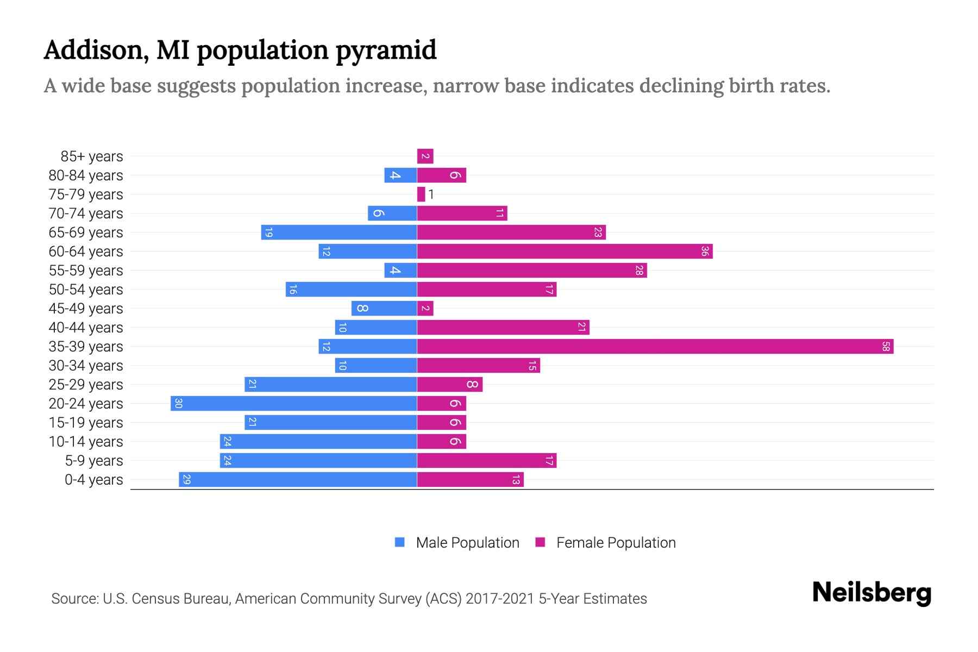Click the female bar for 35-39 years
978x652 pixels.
pos(655,347)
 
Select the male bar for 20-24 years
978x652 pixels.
pos(293,404)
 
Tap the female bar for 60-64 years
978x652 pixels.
pos(565,252)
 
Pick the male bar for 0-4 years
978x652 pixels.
pos(298,480)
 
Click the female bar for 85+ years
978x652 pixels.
pos(425,156)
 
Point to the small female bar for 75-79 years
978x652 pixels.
pos(421,195)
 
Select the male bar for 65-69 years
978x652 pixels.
pos(338,233)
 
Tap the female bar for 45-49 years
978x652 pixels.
pos(425,309)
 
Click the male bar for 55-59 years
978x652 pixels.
pos(400,271)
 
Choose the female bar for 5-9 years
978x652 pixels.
pos(486,461)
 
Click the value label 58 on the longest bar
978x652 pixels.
pos(886,347)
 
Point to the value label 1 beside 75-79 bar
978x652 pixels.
pos(431,195)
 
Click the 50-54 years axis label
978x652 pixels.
pos(86,290)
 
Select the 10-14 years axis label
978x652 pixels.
pos(86,442)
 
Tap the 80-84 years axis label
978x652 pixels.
pos(86,175)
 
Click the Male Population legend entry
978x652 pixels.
pos(467,543)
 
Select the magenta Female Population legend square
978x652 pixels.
pos(540,542)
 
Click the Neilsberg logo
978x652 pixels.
pos(872,593)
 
